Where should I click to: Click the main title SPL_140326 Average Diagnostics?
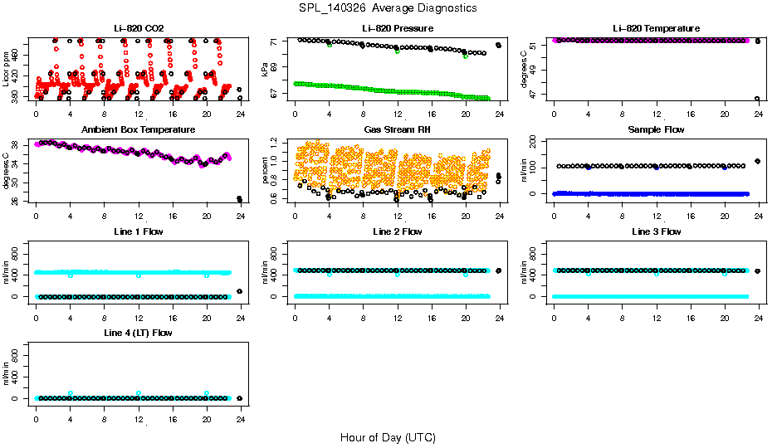(x=388, y=7)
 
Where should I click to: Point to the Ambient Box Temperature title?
(x=139, y=130)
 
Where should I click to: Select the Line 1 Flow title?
(x=139, y=231)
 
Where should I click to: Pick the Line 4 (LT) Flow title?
(x=139, y=333)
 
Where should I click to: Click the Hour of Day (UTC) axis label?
(x=388, y=437)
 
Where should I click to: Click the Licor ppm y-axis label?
(x=6, y=70)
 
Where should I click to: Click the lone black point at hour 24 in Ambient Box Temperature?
(x=240, y=199)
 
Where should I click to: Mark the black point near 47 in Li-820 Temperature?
(x=757, y=99)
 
